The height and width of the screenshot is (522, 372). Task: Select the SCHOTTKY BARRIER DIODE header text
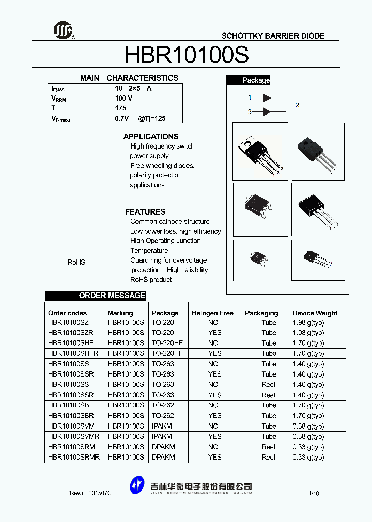point(273,36)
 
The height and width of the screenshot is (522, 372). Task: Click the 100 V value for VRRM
point(123,98)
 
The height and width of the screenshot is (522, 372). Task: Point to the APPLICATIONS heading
point(151,137)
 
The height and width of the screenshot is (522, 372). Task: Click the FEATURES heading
point(145,212)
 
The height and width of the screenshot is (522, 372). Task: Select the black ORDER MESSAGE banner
point(96,296)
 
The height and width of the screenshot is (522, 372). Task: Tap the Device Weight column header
point(315,313)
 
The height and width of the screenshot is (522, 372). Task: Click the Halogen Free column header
point(212,313)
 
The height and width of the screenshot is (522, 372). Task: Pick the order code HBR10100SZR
point(71,333)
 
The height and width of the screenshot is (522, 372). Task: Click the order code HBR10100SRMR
point(74,457)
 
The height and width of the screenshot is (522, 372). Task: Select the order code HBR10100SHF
point(71,343)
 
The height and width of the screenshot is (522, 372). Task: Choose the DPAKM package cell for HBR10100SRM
point(163,447)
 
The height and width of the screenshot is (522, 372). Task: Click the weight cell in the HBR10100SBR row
point(308,416)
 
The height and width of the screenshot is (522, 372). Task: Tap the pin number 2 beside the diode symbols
point(297,105)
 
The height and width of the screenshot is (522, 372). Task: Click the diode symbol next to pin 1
point(267,97)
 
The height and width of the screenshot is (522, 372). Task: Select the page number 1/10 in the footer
point(314,494)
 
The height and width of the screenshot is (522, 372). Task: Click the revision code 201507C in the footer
point(100,494)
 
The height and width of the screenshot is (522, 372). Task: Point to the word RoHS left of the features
point(76,263)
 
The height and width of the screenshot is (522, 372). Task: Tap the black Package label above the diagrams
point(256,80)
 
